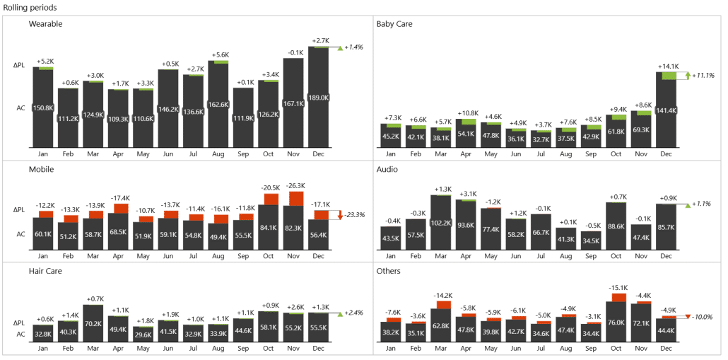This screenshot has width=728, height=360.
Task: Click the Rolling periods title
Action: click(30, 7)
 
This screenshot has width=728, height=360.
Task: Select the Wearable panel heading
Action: click(45, 24)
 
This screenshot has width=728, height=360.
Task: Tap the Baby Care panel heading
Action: click(394, 24)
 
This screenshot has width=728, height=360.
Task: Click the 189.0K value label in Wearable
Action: click(319, 98)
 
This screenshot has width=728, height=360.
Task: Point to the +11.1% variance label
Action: click(703, 75)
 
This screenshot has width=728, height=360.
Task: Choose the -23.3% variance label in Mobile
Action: click(355, 214)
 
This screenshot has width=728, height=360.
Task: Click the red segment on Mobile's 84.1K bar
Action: click(269, 198)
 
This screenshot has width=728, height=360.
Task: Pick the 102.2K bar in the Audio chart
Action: click(441, 222)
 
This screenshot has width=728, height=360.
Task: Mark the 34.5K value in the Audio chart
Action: click(592, 240)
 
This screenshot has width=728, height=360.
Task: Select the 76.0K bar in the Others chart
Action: click(616, 323)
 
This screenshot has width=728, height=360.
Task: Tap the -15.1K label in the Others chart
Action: click(616, 288)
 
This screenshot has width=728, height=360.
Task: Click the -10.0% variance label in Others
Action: click(703, 317)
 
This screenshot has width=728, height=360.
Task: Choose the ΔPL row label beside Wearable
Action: click(19, 65)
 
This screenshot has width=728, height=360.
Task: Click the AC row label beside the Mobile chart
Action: click(20, 234)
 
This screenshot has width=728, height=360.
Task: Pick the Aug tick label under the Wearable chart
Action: click(218, 153)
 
